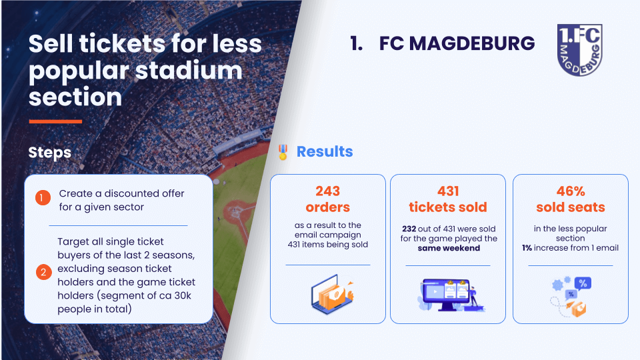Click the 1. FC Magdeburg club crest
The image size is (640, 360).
579,50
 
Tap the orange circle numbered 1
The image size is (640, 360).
43,198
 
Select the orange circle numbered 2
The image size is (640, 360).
44,272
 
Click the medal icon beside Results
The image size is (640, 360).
283,152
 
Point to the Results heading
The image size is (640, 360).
325,151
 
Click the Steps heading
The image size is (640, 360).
50,153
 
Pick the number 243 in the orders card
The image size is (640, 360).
328,191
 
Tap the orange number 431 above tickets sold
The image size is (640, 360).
448,191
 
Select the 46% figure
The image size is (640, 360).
571,191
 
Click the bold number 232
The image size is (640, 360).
409,229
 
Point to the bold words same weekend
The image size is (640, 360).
449,248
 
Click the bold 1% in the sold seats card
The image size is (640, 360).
527,248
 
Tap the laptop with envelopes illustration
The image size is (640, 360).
332,294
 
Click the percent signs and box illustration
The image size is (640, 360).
571,297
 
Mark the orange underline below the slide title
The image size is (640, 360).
55,121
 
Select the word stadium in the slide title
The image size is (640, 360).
189,70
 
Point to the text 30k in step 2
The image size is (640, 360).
183,295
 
